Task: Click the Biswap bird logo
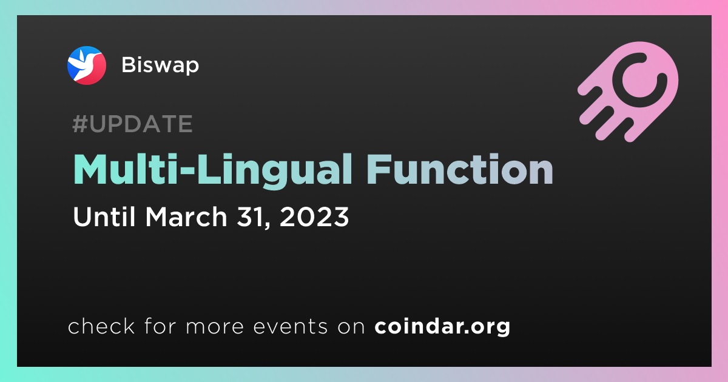[86, 65]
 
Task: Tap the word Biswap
[160, 65]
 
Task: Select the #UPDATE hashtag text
[133, 124]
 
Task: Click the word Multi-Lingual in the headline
[212, 170]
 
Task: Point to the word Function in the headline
[460, 169]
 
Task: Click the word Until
[104, 216]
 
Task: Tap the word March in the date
[186, 216]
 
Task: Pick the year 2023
[314, 216]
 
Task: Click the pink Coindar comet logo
[629, 92]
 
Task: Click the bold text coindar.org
[442, 326]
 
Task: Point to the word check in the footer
[101, 326]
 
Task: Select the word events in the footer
[291, 326]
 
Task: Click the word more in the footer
[215, 326]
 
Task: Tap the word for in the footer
[160, 326]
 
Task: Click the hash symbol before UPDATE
[79, 124]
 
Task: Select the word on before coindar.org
[351, 327]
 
